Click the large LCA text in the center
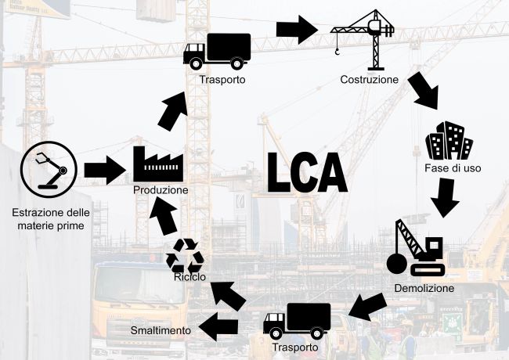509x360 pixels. (x=306, y=173)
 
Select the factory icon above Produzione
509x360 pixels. (x=158, y=164)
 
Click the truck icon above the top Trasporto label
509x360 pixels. (x=217, y=49)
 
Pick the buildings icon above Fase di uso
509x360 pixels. (x=449, y=141)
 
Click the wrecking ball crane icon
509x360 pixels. (x=417, y=247)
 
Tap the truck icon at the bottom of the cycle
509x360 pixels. (x=295, y=321)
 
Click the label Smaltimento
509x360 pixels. (x=161, y=330)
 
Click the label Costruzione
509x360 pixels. (x=370, y=80)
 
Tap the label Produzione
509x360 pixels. (x=160, y=190)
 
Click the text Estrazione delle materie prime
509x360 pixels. (x=51, y=219)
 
